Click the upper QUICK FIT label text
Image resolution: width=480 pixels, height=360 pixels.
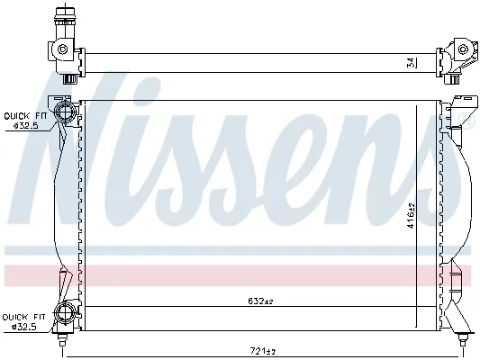tap(24, 114)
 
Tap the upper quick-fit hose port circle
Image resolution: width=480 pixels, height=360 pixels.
tap(65, 113)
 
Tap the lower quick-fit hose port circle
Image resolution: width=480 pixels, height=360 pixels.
tap(65, 314)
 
